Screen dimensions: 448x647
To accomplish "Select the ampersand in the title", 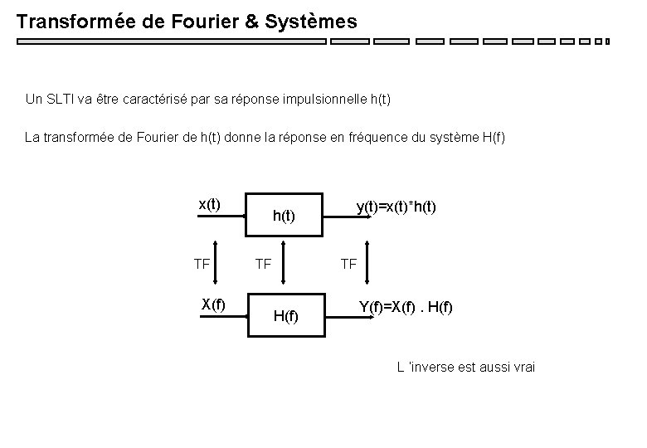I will tap(249, 22).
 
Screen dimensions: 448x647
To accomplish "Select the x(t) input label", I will tap(209, 204).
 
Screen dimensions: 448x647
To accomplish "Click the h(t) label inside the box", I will tap(285, 217).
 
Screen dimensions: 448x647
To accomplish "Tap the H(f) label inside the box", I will tap(285, 316).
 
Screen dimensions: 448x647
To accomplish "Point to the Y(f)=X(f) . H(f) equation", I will tap(406, 308).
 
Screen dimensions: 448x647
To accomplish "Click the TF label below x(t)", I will tap(201, 265).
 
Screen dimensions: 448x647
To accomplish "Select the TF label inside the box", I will tap(263, 265).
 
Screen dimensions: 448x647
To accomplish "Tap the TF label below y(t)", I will tap(348, 265).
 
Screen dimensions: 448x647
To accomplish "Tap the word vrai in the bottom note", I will tap(523, 368).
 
